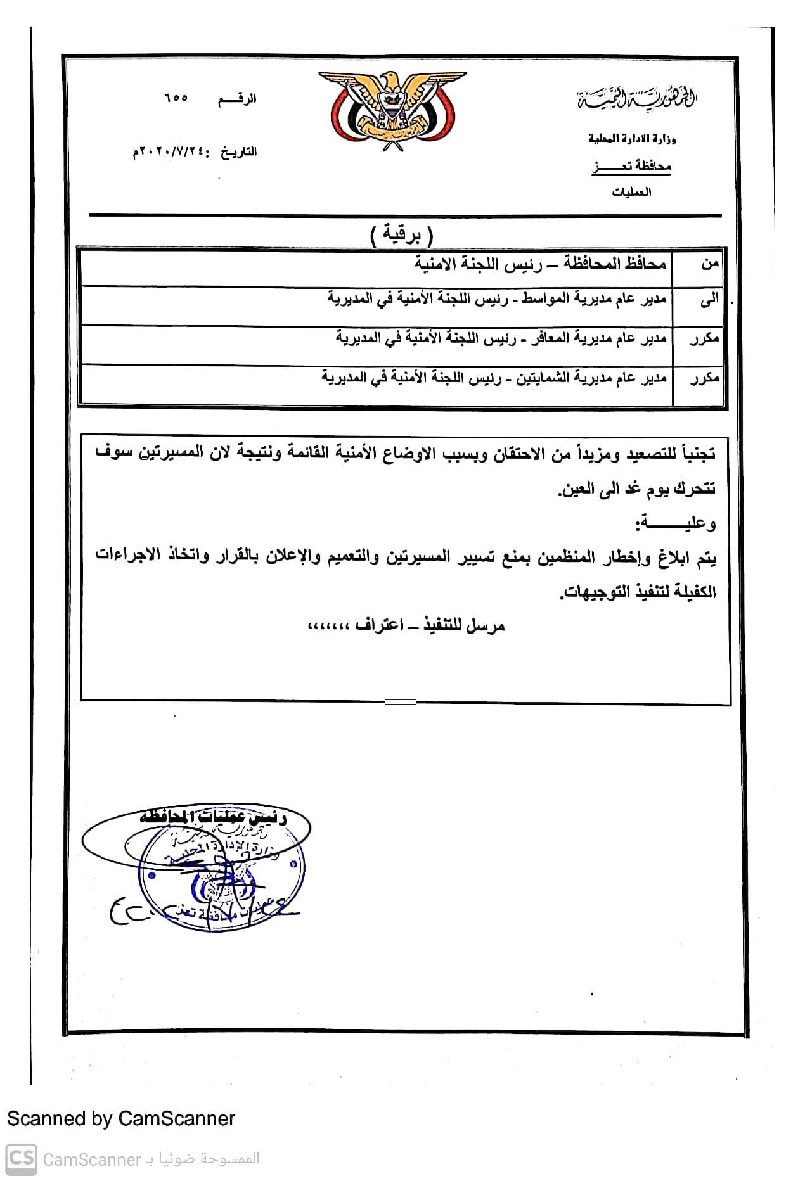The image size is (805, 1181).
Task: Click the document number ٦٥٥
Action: [x=176, y=99]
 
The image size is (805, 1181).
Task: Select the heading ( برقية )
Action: [x=401, y=236]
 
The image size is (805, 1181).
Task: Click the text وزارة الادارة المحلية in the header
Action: [x=631, y=139]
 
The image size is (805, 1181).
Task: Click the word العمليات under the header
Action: [x=631, y=192]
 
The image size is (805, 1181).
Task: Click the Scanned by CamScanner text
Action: [x=121, y=1118]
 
